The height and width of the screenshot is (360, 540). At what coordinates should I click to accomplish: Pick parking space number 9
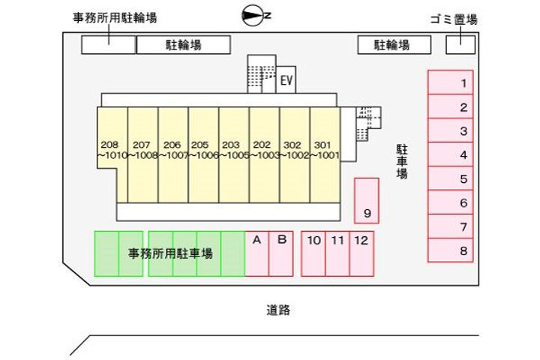pyautogui.click(x=367, y=200)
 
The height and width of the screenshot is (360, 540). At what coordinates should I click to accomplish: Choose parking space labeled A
pyautogui.click(x=256, y=253)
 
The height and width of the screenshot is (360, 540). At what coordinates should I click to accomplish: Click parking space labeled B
pyautogui.click(x=281, y=253)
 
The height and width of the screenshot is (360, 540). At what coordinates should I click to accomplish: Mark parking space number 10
pyautogui.click(x=313, y=253)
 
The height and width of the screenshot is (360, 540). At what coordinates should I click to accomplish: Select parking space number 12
pyautogui.click(x=361, y=253)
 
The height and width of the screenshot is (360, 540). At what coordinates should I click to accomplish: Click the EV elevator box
pyautogui.click(x=286, y=80)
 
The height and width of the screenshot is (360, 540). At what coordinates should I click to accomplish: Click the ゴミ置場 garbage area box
pyautogui.click(x=460, y=44)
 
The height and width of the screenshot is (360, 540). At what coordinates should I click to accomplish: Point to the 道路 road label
pyautogui.click(x=277, y=309)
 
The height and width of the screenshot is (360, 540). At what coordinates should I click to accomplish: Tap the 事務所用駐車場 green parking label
pyautogui.click(x=170, y=253)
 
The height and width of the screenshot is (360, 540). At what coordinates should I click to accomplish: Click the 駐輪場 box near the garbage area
pyautogui.click(x=394, y=45)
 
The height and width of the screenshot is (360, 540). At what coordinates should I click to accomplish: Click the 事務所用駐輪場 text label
pyautogui.click(x=115, y=17)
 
